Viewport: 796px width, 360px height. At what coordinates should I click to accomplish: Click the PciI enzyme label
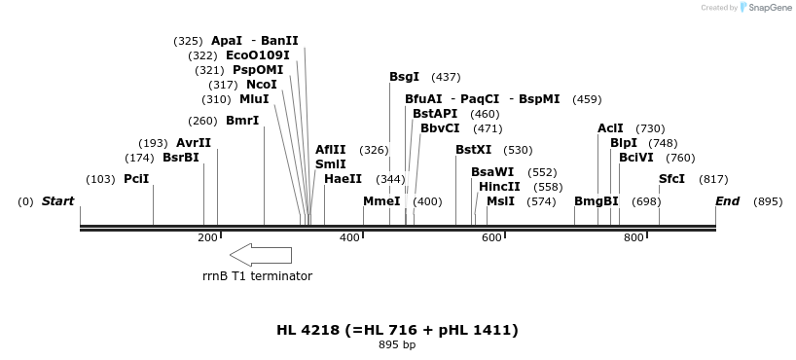(136, 179)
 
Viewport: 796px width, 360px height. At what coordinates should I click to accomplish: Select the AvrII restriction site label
(194, 143)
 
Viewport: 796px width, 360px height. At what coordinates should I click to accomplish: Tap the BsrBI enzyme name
(180, 158)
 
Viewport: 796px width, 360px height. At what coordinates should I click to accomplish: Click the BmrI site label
(242, 121)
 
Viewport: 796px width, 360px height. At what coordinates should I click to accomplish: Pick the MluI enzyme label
(254, 99)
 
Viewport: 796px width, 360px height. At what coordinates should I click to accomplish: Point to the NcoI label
(262, 85)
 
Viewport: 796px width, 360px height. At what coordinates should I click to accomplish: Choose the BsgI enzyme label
(405, 77)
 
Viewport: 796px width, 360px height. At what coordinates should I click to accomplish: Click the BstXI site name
(473, 150)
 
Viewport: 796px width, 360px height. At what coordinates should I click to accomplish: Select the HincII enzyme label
(499, 187)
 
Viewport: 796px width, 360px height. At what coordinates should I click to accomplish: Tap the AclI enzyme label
(610, 128)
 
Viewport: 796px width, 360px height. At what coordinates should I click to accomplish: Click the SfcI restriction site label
(671, 179)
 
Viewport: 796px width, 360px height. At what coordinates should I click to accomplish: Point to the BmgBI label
(596, 201)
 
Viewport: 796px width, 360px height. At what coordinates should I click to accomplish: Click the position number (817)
(713, 179)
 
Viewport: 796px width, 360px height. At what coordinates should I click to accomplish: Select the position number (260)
(202, 121)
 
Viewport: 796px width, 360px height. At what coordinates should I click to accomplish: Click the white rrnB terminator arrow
(260, 255)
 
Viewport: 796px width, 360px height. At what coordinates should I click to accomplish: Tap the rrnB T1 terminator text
(257, 276)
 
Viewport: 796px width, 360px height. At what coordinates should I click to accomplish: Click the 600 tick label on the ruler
(492, 238)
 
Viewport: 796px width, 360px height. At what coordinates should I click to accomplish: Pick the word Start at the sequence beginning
(57, 201)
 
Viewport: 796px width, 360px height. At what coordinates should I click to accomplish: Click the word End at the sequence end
(727, 201)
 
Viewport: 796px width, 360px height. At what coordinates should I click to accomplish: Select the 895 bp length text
(397, 345)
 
